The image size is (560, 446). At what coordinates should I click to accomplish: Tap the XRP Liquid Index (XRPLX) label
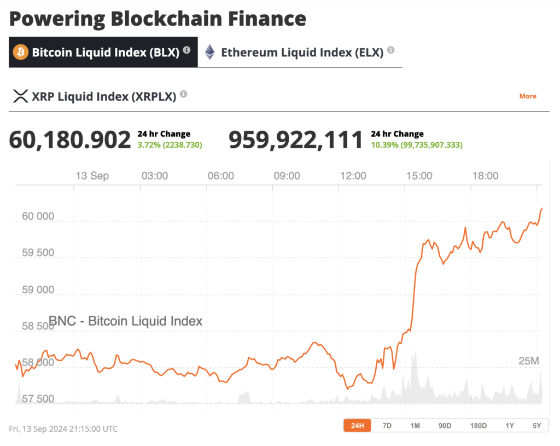[104, 96]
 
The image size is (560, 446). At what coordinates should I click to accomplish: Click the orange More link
[527, 96]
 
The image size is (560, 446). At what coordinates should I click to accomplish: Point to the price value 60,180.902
[70, 140]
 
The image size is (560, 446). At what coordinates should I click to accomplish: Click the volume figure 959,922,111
[295, 140]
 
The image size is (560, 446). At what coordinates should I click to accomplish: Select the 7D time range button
[387, 426]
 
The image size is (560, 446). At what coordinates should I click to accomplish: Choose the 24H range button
[357, 426]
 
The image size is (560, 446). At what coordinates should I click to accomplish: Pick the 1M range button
[415, 426]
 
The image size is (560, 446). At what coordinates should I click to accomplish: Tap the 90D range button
[445, 426]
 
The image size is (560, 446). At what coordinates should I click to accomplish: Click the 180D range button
[478, 426]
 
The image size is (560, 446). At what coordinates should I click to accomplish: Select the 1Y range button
[510, 426]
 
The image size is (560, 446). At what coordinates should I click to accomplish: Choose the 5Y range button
[536, 426]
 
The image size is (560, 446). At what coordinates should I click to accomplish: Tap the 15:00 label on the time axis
[419, 176]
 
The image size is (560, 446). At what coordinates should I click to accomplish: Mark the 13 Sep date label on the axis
[91, 176]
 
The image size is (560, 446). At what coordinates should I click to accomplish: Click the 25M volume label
[529, 361]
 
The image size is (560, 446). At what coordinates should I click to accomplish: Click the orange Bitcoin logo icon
[21, 53]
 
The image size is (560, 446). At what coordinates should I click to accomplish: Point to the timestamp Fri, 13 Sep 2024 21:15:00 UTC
[63, 429]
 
